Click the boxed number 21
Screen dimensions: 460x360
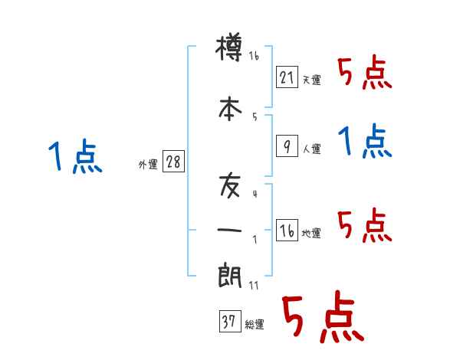click(286, 77)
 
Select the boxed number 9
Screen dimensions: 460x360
click(286, 146)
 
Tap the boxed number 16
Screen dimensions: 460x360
click(286, 230)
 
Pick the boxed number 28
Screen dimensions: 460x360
click(173, 162)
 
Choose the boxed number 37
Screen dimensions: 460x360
click(229, 322)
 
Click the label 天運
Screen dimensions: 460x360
click(311, 80)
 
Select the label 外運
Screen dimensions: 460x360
click(147, 165)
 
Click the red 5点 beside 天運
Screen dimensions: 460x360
click(365, 74)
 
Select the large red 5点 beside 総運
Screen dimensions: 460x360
click(323, 318)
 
